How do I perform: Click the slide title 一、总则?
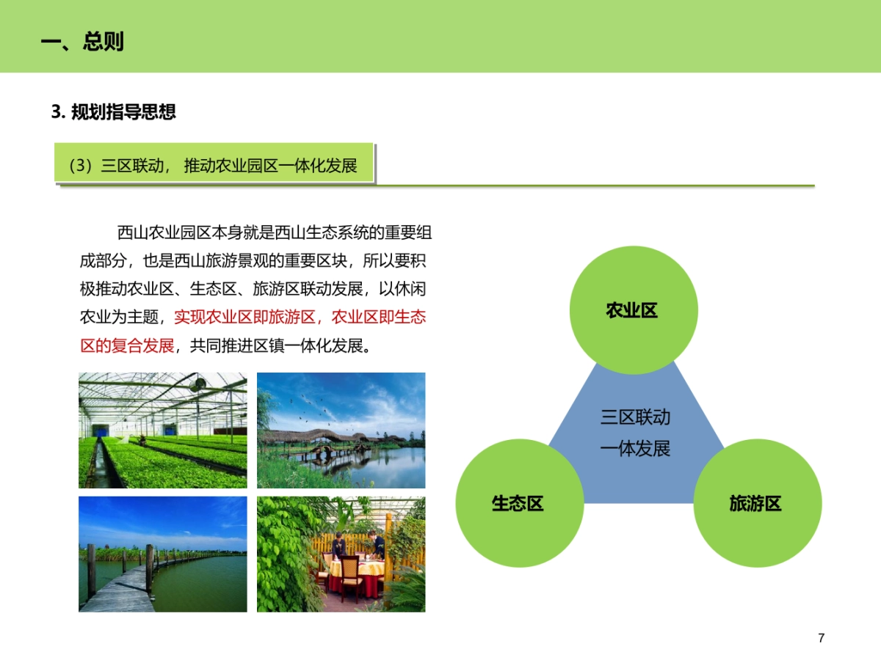click(x=82, y=41)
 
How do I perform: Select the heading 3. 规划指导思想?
click(x=114, y=112)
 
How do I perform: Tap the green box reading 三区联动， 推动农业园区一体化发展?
click(x=214, y=165)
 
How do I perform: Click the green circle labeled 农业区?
click(x=632, y=310)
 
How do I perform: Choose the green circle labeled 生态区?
click(x=518, y=503)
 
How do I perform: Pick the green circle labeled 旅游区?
click(x=757, y=503)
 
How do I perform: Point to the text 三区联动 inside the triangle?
click(x=635, y=417)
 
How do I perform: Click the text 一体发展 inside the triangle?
click(x=635, y=448)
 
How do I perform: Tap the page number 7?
click(x=821, y=638)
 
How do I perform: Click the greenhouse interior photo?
click(x=162, y=430)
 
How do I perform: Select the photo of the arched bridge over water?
click(x=341, y=430)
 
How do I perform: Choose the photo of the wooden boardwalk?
click(x=162, y=554)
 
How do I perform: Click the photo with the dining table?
click(x=341, y=554)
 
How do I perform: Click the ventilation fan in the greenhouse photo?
click(x=197, y=384)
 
